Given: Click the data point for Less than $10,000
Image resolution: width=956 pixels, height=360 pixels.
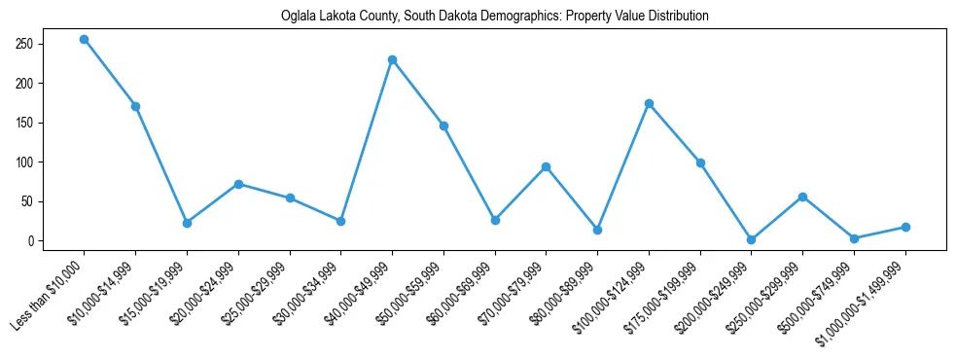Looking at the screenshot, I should pyautogui.click(x=85, y=39).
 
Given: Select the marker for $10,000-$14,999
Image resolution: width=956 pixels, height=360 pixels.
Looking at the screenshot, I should pyautogui.click(x=136, y=106).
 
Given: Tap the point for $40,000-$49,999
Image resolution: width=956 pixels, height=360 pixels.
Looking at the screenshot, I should pyautogui.click(x=392, y=59).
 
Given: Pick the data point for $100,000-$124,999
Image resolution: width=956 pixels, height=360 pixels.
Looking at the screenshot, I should pyautogui.click(x=649, y=103).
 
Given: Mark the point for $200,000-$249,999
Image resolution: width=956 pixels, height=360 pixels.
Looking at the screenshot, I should pyautogui.click(x=751, y=239).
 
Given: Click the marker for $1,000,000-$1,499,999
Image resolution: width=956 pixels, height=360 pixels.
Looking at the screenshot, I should pyautogui.click(x=905, y=227).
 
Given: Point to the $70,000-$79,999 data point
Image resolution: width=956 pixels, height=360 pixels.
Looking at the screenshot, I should pyautogui.click(x=546, y=166).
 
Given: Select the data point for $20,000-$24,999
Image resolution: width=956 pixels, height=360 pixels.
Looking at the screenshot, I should pyautogui.click(x=238, y=184).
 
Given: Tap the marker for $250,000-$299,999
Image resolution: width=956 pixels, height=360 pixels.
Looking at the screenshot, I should pyautogui.click(x=802, y=197).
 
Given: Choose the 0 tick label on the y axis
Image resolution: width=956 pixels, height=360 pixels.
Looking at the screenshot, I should pyautogui.click(x=58, y=241).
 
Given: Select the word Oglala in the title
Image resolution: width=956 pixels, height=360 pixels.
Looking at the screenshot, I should pyautogui.click(x=299, y=17).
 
